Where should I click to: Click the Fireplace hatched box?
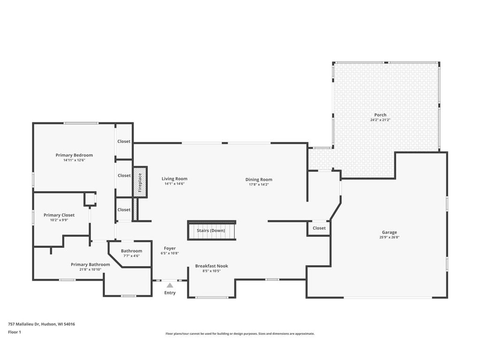140,182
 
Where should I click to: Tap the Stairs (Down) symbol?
211,230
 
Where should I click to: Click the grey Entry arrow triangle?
170,285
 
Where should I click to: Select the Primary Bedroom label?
74,155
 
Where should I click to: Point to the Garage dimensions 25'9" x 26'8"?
390,237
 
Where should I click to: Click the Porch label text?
380,115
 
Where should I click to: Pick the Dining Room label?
259,180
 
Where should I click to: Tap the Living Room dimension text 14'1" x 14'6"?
174,184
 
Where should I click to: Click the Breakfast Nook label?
211,266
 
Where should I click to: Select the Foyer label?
170,248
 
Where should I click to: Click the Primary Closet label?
59,215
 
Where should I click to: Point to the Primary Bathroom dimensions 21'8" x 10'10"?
90,270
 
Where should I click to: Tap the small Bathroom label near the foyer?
131,251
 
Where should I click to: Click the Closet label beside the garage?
319,228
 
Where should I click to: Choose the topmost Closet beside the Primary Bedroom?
124,142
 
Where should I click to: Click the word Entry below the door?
170,293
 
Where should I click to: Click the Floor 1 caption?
15,332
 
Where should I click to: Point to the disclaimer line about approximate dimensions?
240,334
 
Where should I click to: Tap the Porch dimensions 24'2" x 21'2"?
380,120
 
